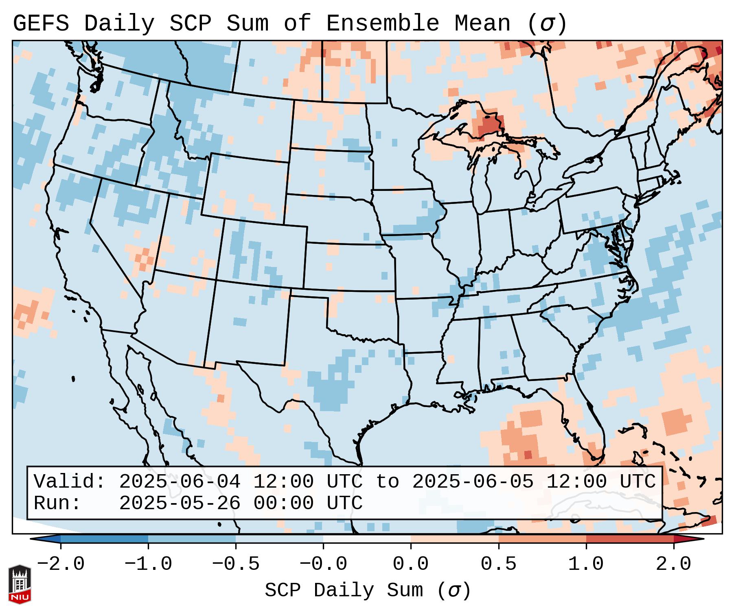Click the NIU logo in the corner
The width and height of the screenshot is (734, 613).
20,584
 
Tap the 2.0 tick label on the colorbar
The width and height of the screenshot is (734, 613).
673,564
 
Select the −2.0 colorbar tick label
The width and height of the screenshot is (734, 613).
61,564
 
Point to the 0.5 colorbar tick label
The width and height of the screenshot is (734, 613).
498,564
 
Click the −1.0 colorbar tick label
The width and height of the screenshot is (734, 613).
148,564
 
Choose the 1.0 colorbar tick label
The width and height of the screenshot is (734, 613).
586,564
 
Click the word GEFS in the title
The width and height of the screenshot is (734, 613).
41,24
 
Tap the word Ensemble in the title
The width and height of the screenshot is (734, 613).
383,24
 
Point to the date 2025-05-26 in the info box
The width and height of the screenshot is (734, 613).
180,503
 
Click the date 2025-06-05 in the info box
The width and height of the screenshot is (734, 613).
473,482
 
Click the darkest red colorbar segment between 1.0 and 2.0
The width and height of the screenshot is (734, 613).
629,539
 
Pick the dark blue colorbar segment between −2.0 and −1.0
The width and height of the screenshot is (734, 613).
104,539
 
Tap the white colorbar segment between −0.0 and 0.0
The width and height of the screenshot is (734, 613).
367,539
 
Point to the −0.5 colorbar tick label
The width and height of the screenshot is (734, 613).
235,564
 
